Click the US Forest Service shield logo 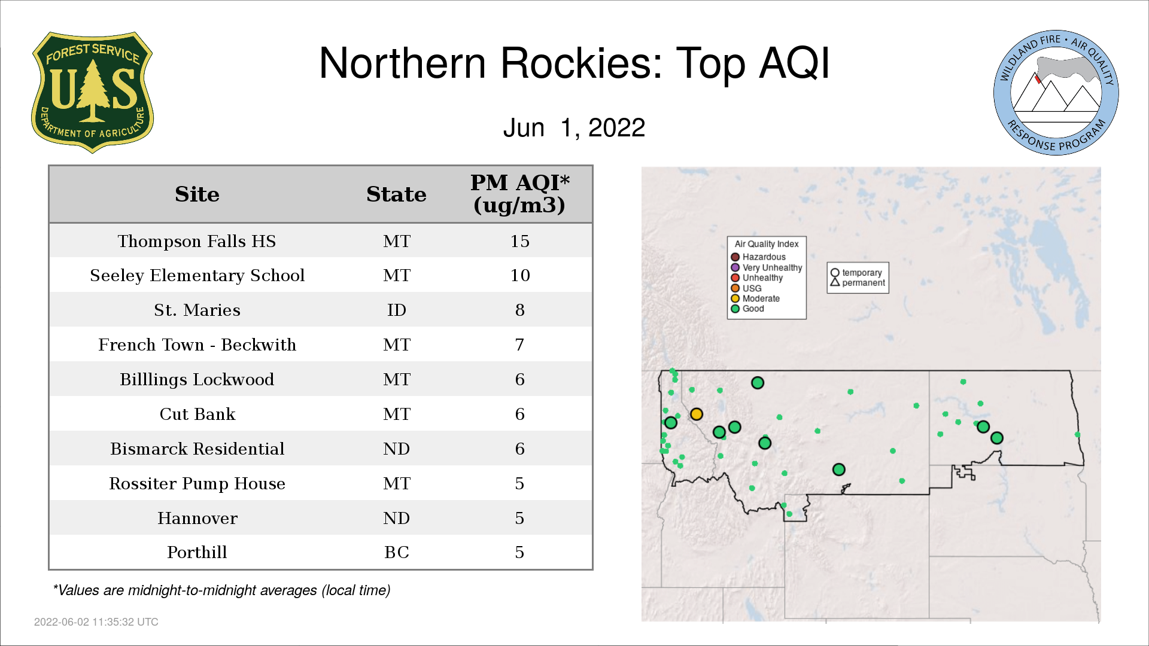pos(92,92)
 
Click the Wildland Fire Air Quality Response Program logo pos(1056,93)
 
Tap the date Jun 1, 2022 pos(574,127)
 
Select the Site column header pos(197,194)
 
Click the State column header pos(396,194)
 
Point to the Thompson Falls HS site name pos(197,241)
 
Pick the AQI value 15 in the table pos(519,241)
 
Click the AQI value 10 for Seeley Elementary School pos(519,275)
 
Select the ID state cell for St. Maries pos(396,310)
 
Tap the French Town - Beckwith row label pos(197,345)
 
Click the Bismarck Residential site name pos(197,449)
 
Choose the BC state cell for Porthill pos(396,552)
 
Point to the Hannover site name pos(197,518)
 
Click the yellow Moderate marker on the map pos(696,414)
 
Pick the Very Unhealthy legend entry pos(767,267)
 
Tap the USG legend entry pos(746,288)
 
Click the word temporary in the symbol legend pos(862,273)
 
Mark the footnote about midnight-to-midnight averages pos(221,590)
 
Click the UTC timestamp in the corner pos(96,622)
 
